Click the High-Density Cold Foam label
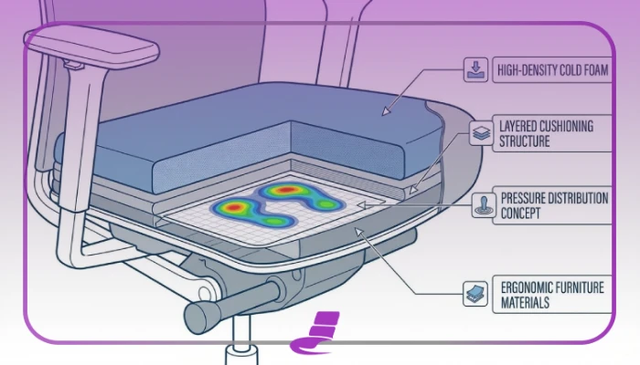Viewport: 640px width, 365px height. (x=552, y=70)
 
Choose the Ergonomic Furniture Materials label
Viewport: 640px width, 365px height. (x=552, y=295)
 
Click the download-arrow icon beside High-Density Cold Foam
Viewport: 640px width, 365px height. (x=476, y=69)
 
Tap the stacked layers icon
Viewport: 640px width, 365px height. (x=481, y=133)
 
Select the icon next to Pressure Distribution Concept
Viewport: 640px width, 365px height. (x=484, y=205)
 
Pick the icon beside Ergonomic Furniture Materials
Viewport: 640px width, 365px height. (x=475, y=294)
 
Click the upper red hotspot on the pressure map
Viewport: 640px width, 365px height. (x=286, y=190)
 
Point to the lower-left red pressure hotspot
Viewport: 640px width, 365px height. (x=234, y=207)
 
